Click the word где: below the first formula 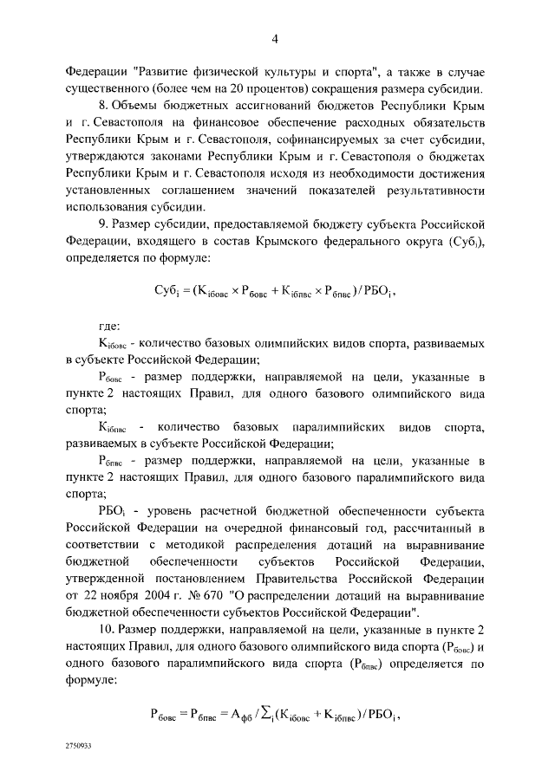click(x=108, y=324)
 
